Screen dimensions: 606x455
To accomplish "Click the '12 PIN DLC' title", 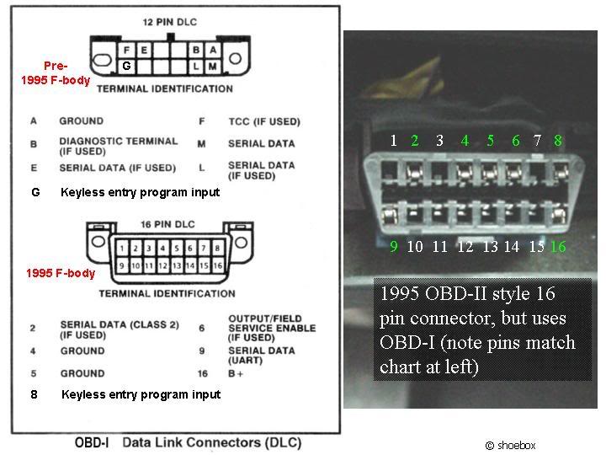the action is [x=170, y=22].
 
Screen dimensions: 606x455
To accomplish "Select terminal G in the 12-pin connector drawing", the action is [x=126, y=67].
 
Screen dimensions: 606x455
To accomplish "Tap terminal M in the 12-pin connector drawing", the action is [x=213, y=67].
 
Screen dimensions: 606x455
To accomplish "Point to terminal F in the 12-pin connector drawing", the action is [x=126, y=50].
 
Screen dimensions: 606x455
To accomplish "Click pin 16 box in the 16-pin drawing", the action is [x=218, y=265].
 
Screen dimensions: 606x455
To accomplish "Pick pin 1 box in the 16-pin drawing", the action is [x=122, y=248].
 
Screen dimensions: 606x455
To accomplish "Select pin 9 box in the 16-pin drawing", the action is [x=122, y=265].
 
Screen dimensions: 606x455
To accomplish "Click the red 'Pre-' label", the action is [x=56, y=66].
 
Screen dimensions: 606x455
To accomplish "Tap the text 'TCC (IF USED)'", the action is [x=264, y=122].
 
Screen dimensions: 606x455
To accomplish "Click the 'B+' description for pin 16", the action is [x=236, y=374].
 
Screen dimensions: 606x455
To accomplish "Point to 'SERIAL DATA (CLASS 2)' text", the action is [x=120, y=324].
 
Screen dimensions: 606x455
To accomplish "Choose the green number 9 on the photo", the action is [x=394, y=246].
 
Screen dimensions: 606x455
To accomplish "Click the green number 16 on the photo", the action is [x=558, y=246].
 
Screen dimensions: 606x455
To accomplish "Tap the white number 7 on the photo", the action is [x=537, y=140].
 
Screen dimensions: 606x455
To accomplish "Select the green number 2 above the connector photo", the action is [x=415, y=140].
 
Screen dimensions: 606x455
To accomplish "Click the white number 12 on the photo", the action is [x=465, y=246].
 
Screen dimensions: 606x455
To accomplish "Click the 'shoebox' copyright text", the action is [x=511, y=446].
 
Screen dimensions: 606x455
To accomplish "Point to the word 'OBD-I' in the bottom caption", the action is [x=92, y=442].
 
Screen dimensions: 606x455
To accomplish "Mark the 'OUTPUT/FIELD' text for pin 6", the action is [x=265, y=318].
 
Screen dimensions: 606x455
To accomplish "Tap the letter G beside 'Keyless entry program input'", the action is [x=35, y=192].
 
